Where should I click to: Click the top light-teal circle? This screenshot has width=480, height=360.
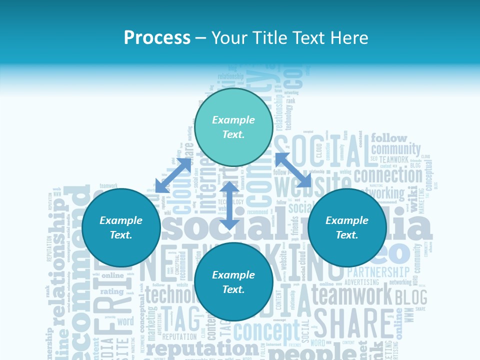233,127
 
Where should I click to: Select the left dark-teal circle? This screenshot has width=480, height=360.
121,227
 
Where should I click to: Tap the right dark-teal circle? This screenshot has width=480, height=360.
347,227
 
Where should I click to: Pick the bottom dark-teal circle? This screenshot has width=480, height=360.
233,281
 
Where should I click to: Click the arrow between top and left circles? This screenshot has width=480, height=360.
173,175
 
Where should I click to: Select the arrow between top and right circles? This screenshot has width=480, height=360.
293,170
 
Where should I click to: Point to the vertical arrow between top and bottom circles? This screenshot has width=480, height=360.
229,205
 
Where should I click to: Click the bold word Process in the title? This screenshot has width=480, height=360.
157,37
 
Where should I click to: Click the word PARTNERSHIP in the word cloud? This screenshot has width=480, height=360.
378,272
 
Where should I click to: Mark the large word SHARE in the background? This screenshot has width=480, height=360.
353,324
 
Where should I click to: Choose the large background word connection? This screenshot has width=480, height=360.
388,175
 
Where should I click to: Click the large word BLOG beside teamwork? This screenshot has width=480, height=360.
411,297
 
